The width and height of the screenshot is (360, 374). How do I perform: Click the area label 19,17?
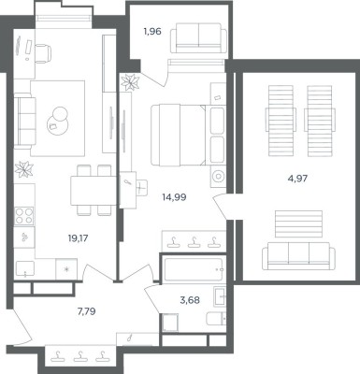[x=78, y=238]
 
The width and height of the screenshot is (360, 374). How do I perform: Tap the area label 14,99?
[x=174, y=197]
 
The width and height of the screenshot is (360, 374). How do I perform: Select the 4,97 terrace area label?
[x=298, y=179]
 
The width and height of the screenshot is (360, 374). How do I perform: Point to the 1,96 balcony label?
[x=152, y=31]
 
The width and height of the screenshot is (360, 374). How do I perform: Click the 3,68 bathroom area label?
[x=190, y=300]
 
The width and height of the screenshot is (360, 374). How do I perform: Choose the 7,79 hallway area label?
[x=86, y=311]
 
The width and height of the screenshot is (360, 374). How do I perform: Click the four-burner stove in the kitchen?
[x=24, y=215]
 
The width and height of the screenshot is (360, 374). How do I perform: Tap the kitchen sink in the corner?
[x=25, y=270]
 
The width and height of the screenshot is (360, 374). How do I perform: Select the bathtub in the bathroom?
[x=193, y=269]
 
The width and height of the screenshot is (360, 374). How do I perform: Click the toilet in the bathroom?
[x=216, y=318]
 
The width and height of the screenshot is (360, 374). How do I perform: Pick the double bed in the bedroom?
[x=188, y=135]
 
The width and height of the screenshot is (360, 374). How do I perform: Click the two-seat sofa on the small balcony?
[x=198, y=37]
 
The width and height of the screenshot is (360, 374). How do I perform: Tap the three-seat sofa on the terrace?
[x=298, y=256]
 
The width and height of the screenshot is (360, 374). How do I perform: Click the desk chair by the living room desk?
[x=43, y=53]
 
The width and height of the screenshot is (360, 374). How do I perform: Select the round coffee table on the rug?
[x=58, y=121]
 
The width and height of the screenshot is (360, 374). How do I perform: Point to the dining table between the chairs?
[x=94, y=191]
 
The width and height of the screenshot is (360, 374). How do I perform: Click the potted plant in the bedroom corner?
[x=131, y=81]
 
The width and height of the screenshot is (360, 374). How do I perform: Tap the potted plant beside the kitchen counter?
[x=24, y=170]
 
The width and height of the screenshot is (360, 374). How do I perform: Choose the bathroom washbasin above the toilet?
[x=220, y=296]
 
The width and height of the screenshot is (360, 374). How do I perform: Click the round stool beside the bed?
[x=219, y=177]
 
